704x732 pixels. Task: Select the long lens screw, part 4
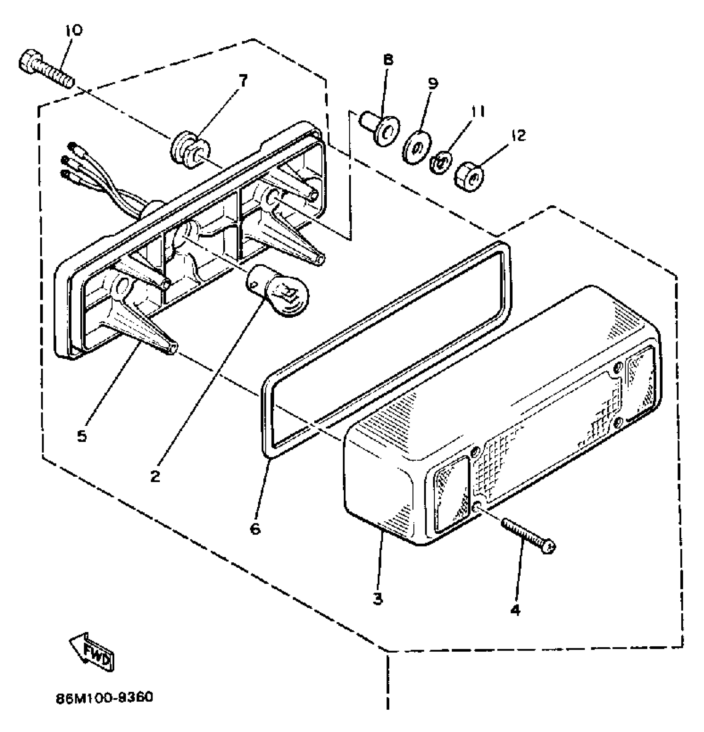pos(528,536)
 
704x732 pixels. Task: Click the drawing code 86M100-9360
pos(105,698)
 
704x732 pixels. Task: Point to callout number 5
pos(82,436)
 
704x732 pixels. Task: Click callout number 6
pos(255,528)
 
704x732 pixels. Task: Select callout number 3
pos(378,599)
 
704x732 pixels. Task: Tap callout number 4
pos(515,610)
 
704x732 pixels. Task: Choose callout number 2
pos(155,476)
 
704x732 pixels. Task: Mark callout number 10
pos(73,31)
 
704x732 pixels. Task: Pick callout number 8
pos(388,60)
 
